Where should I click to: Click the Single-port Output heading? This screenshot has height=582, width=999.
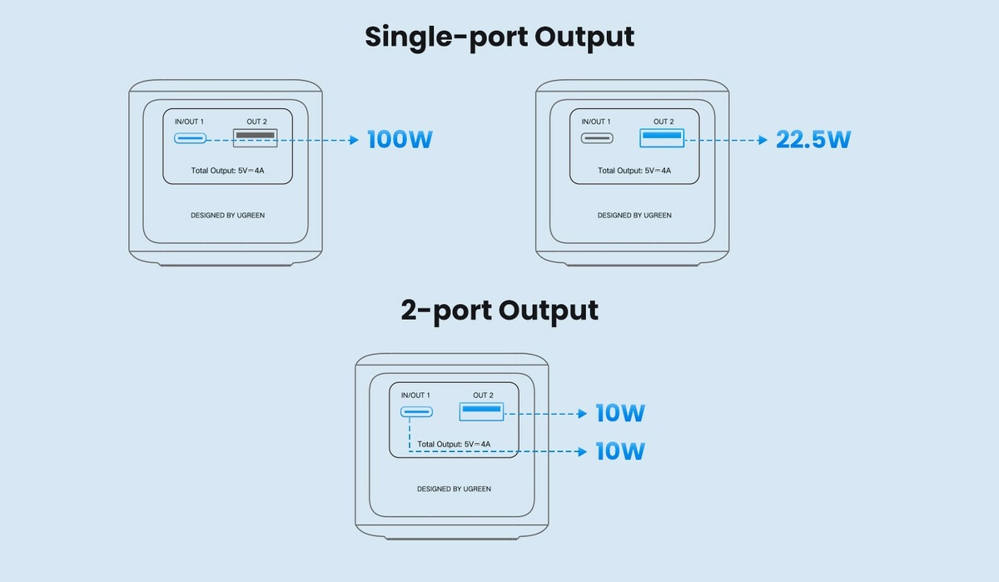[499, 37]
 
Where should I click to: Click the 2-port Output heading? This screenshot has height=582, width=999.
[499, 310]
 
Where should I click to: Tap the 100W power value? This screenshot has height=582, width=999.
[400, 139]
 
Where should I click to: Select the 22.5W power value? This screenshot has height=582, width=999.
[813, 139]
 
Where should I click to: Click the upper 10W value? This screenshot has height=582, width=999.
[620, 412]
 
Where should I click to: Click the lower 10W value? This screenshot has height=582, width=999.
[620, 451]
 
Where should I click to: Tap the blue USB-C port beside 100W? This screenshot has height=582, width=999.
[190, 139]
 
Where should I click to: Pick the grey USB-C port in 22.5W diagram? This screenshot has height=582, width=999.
[597, 139]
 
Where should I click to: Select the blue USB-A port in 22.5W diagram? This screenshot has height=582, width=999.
[662, 137]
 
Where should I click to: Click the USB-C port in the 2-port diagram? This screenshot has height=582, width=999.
[416, 412]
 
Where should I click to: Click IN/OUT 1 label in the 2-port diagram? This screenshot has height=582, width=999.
[415, 395]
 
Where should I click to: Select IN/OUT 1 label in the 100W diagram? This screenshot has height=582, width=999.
[189, 122]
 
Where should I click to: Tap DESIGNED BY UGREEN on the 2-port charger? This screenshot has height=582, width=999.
[454, 489]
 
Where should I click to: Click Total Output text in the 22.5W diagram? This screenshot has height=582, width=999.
[634, 171]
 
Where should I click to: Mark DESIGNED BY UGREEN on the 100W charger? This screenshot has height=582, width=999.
[227, 216]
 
